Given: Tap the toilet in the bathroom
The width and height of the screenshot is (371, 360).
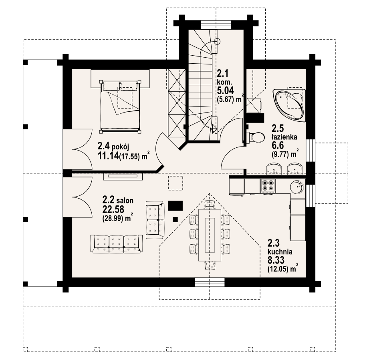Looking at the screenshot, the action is (x=255, y=137).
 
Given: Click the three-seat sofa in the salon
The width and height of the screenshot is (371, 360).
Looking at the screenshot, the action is (x=116, y=244).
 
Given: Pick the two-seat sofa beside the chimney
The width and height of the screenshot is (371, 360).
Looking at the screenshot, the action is (x=155, y=220).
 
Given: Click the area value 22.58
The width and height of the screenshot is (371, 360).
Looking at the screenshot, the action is (x=113, y=209).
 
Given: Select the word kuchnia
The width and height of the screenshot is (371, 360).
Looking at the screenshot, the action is (x=280, y=251).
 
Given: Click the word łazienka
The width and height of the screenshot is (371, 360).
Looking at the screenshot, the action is (x=284, y=137).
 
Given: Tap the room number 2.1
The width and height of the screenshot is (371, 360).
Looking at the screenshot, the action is (x=222, y=74).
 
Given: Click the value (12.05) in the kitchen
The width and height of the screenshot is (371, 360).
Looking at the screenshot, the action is (x=278, y=269).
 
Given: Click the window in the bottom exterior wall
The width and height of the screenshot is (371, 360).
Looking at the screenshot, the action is (x=210, y=282).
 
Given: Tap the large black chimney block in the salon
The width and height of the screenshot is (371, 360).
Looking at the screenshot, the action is (x=175, y=206).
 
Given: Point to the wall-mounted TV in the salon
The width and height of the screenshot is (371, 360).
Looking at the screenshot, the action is (x=123, y=177).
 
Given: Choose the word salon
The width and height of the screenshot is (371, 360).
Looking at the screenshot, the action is (x=125, y=201).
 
